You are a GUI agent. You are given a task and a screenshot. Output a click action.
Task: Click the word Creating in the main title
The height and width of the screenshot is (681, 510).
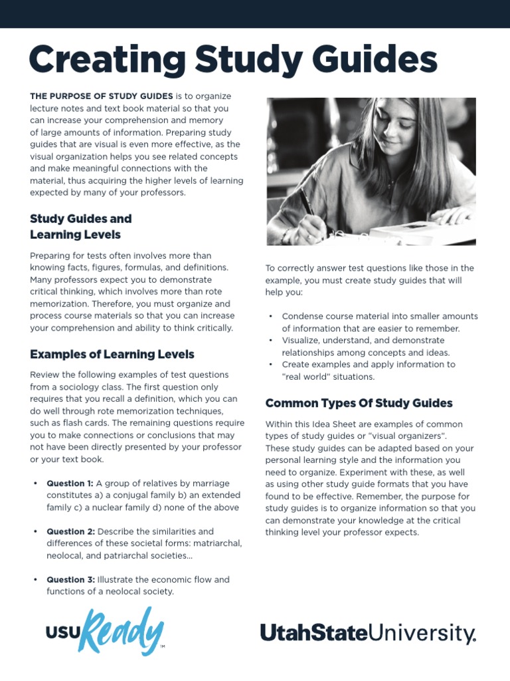coord(106,60)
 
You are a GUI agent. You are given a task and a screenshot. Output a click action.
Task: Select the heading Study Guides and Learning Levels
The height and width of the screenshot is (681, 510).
coord(81,226)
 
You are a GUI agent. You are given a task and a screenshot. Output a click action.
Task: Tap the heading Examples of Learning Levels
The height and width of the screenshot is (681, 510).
coord(112,354)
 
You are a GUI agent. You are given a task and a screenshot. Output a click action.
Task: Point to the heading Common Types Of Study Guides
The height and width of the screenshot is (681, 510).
coord(359,403)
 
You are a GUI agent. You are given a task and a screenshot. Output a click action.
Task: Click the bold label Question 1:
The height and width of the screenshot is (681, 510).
coord(70,483)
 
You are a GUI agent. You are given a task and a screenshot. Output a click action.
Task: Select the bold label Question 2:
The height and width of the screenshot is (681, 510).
coord(70,531)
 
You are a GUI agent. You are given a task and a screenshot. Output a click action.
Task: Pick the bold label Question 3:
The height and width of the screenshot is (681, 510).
coord(70,579)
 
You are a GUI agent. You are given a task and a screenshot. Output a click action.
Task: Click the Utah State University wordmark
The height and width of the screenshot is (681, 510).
coord(368,633)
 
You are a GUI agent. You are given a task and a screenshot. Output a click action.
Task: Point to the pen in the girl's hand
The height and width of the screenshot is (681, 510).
coord(306,202)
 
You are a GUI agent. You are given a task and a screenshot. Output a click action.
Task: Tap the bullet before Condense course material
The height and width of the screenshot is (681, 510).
coord(271,317)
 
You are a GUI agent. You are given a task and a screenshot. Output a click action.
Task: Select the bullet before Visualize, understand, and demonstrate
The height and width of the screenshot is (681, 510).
coord(271,340)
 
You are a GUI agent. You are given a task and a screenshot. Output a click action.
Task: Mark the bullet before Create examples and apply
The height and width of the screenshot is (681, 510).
coord(271,364)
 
